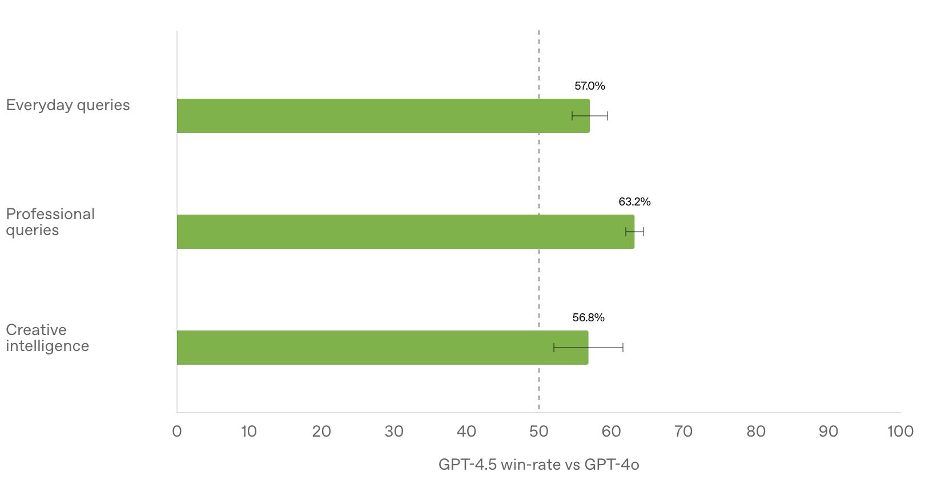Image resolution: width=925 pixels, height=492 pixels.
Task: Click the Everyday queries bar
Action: point(383,116)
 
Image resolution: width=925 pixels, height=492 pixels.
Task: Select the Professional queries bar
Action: point(405,232)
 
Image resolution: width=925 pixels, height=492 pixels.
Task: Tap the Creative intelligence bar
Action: point(383,348)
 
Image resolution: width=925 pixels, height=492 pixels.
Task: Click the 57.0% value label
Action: point(589,86)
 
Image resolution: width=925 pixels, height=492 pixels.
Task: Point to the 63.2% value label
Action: point(634,202)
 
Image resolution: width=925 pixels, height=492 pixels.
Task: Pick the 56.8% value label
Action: point(588,318)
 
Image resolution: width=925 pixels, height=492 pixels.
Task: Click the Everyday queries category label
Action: point(68,106)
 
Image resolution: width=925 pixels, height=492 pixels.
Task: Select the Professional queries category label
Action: point(50,222)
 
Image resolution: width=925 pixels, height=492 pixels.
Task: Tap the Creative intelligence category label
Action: point(47,338)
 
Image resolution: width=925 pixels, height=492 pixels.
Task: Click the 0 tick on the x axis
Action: point(177,431)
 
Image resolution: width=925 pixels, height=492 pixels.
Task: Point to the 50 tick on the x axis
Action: point(538,431)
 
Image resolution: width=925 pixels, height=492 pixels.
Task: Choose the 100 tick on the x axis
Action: point(900,431)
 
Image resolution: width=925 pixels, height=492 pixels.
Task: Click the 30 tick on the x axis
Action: point(394,431)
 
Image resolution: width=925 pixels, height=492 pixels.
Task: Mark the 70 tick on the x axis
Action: point(683,431)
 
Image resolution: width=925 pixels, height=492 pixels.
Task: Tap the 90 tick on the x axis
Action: point(828,431)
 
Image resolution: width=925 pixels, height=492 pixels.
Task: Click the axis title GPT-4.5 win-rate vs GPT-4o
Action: point(538,465)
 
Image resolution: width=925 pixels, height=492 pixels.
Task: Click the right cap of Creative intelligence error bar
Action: point(623,348)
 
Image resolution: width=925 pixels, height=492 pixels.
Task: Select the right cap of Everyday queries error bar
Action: point(608,116)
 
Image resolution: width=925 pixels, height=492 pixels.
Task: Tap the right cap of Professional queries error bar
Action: point(644,232)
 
